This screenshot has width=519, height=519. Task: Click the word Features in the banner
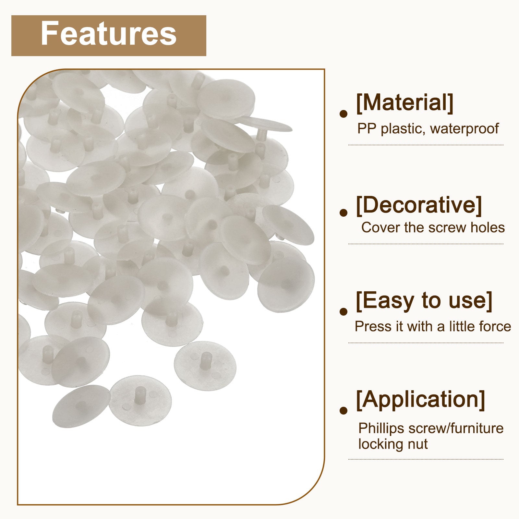tap(109, 34)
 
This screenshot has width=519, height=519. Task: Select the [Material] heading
tap(404, 103)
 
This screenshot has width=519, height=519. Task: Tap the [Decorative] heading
tap(419, 205)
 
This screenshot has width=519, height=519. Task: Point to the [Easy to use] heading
tap(424, 301)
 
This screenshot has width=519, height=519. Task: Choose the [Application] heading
tap(420, 400)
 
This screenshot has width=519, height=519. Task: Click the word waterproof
tap(464, 129)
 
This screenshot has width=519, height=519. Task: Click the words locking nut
tap(393, 444)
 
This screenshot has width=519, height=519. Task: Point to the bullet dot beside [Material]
tap(343, 114)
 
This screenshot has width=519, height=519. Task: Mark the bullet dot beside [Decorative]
tap(343, 212)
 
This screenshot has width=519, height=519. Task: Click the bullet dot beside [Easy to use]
tap(343, 311)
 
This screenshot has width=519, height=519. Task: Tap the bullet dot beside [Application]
tap(343, 410)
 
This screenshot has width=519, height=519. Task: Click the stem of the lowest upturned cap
tap(140, 395)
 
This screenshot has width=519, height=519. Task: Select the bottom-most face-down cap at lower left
tap(81, 406)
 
